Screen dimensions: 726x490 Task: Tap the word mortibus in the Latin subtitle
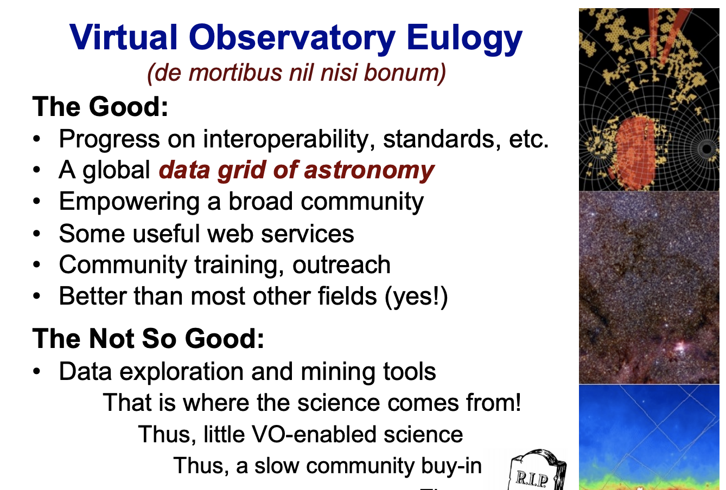click(235, 72)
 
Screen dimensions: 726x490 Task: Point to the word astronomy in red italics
click(370, 171)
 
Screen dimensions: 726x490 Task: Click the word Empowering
click(129, 202)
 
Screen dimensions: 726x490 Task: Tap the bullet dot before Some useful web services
click(36, 234)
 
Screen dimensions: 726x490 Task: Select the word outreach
click(341, 265)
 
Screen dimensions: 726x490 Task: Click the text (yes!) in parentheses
click(416, 296)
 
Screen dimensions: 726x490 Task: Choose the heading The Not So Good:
click(148, 338)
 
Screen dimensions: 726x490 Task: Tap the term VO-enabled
click(314, 434)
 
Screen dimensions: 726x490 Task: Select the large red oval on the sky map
click(635, 152)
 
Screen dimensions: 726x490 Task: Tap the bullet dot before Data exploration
click(36, 371)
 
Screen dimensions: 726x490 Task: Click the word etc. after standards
click(528, 139)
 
